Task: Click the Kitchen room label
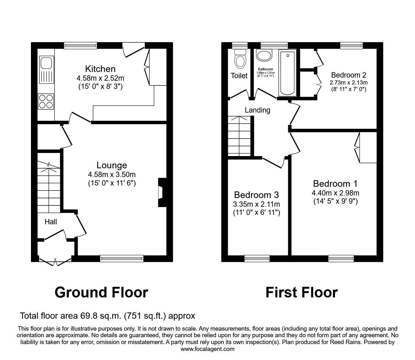[100, 69]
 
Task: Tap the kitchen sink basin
[46, 63]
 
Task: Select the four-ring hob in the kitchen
[46, 102]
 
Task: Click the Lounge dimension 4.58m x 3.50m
[112, 175]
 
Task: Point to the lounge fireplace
[162, 192]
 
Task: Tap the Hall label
[51, 222]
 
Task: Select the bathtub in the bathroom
[287, 73]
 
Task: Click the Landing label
[257, 110]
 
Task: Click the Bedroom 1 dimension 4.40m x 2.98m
[335, 193]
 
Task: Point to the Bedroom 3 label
[256, 195]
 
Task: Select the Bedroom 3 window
[257, 258]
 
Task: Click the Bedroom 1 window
[341, 258]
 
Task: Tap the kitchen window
[81, 45]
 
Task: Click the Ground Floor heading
[101, 292]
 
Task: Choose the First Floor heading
[302, 292]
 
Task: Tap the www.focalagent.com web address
[207, 349]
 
